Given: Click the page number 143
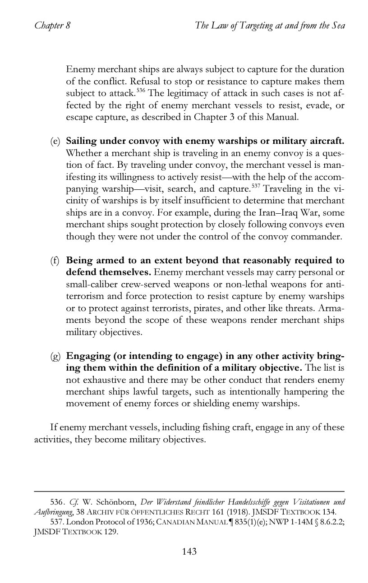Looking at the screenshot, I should [x=189, y=551].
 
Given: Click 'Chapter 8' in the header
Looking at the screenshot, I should [x=52, y=25].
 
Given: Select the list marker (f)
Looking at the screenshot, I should [x=55, y=261].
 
